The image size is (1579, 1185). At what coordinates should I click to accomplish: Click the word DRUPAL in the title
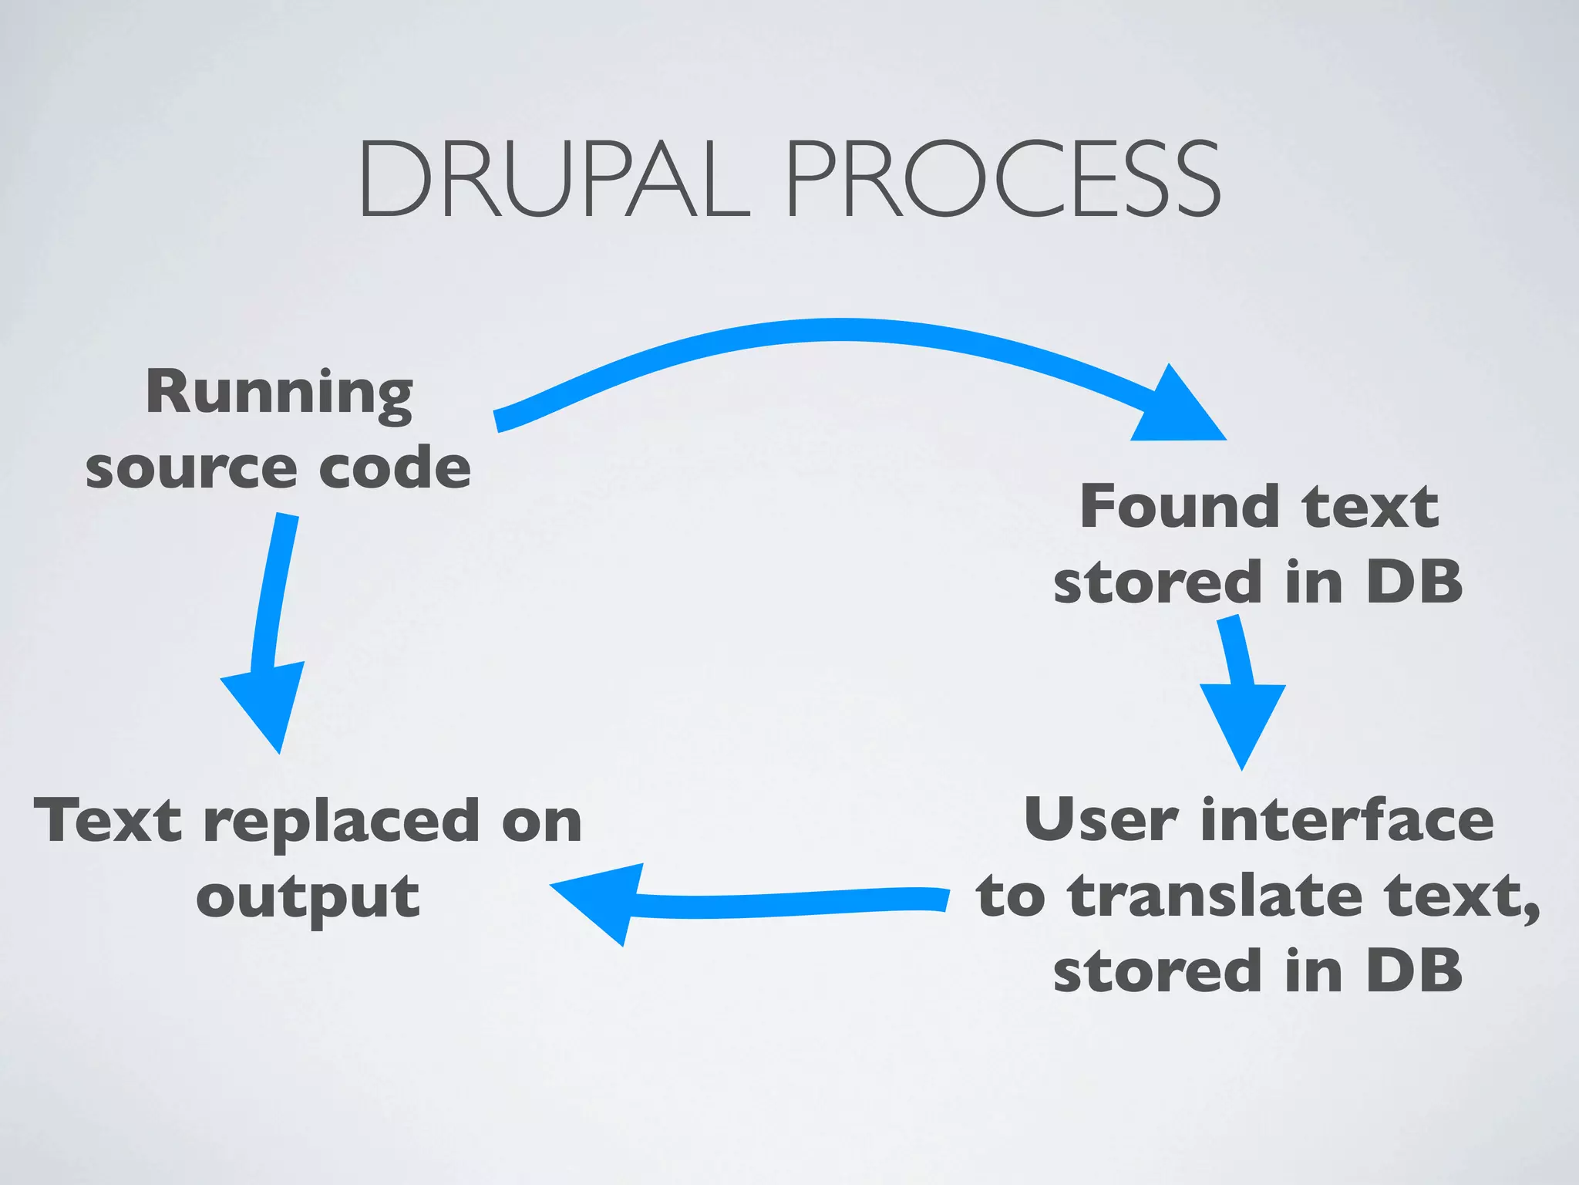(x=553, y=179)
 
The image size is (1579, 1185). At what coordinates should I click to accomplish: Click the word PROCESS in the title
(x=1002, y=179)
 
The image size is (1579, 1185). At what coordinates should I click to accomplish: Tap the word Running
(x=279, y=393)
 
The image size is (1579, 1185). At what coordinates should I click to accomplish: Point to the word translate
(x=1215, y=896)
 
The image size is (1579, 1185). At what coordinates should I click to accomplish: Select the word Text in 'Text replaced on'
(x=109, y=821)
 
